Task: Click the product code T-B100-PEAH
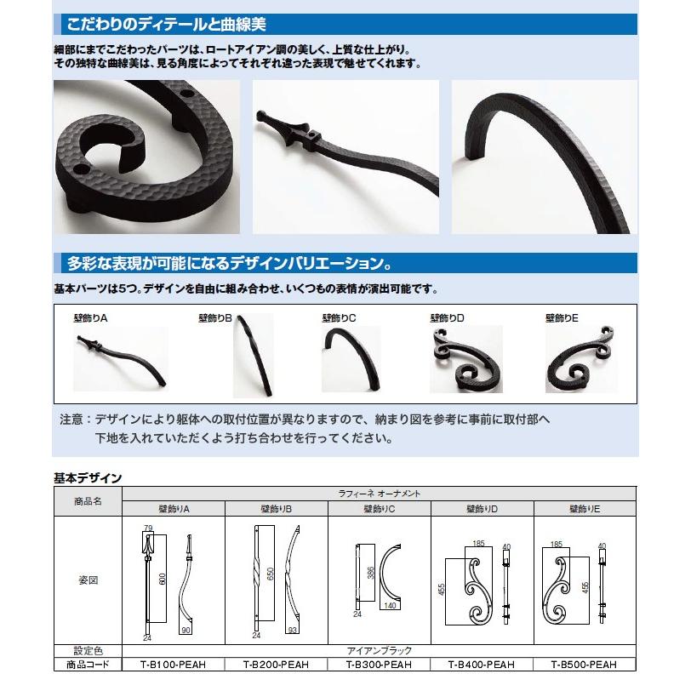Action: point(174,665)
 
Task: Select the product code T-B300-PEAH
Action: point(380,665)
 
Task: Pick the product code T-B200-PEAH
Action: point(277,665)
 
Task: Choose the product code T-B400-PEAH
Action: point(483,665)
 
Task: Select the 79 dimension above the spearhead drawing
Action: point(148,529)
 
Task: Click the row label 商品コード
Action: point(89,665)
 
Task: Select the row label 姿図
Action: point(89,580)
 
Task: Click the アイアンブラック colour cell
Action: point(380,651)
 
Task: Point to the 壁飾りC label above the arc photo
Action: point(339,317)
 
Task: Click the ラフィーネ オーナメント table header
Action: point(380,493)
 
